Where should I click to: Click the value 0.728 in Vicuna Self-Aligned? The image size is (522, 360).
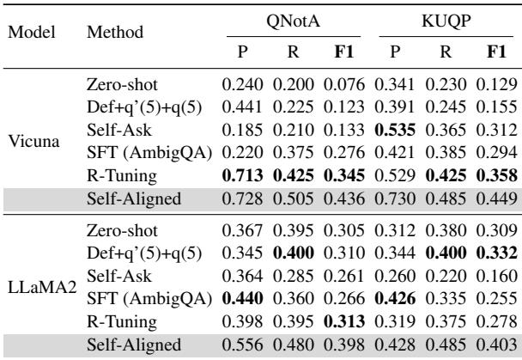tap(244, 200)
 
